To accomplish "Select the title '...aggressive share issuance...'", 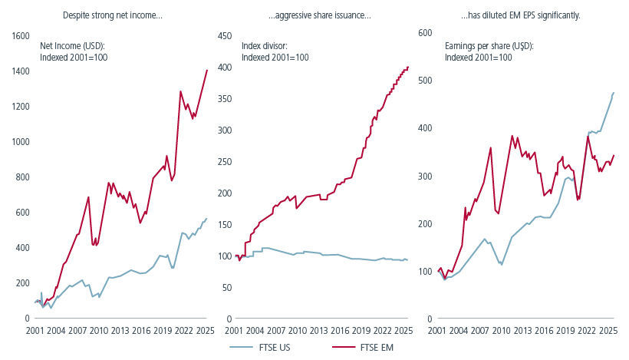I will [x=319, y=15].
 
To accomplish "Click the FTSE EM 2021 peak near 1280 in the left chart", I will [x=180, y=91].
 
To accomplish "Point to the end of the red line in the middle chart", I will [x=408, y=67].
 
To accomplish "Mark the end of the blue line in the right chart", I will [x=614, y=93].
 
